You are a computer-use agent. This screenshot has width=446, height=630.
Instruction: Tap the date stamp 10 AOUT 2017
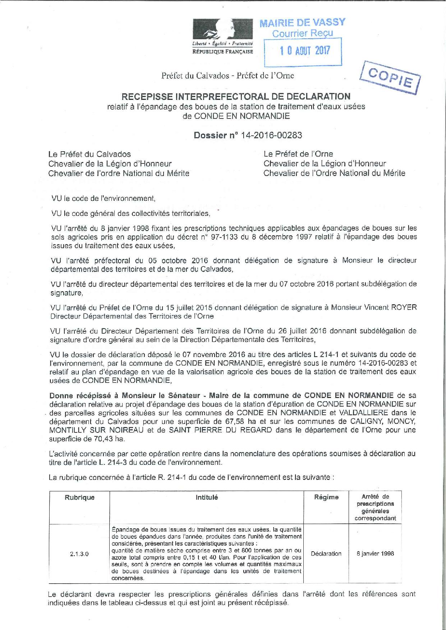pyautogui.click(x=305, y=51)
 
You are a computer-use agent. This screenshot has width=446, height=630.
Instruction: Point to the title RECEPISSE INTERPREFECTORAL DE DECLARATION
pyautogui.click(x=236, y=96)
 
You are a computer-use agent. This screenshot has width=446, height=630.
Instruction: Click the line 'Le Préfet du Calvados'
pyautogui.click(x=90, y=154)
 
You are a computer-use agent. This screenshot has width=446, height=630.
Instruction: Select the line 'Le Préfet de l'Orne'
pyautogui.click(x=298, y=154)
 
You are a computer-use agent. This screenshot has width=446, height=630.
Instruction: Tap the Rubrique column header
pyautogui.click(x=79, y=497)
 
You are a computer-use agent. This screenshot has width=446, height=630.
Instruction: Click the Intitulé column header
pyautogui.click(x=206, y=497)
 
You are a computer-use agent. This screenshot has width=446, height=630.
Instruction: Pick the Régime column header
pyautogui.click(x=326, y=497)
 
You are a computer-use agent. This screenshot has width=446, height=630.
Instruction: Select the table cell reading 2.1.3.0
pyautogui.click(x=79, y=553)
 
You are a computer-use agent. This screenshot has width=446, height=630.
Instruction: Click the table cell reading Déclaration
pyautogui.click(x=326, y=553)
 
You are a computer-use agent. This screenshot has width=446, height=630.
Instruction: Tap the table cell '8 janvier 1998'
pyautogui.click(x=375, y=553)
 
